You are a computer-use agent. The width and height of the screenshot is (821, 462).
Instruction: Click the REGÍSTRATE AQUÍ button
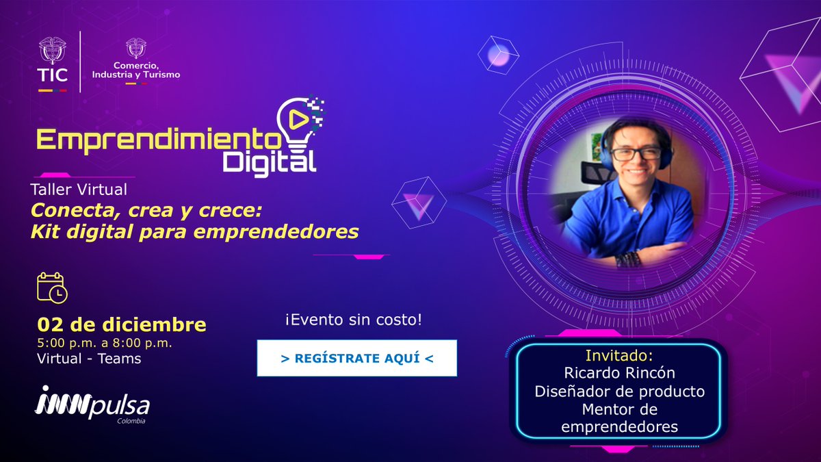pos(356,357)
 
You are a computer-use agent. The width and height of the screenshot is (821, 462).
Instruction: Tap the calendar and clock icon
pos(51,287)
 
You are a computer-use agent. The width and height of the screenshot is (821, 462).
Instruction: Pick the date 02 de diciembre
pos(122,324)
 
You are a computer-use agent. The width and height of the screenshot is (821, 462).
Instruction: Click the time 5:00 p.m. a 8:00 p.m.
pos(105,342)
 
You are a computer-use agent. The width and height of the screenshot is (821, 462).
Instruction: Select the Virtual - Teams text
pos(89,359)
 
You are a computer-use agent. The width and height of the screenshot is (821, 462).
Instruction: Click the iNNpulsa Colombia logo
pos(92,404)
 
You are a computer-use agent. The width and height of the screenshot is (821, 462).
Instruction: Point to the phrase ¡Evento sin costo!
pos(353,320)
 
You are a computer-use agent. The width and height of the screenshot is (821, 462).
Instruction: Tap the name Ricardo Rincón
pos(619,374)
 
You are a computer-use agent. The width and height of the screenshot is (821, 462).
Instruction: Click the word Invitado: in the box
pos(619,356)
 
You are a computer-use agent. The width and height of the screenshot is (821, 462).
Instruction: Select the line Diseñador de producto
pos(619,392)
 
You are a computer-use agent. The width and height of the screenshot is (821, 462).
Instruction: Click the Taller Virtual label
pos(79,190)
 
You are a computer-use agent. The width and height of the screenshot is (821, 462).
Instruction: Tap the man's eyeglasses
pos(636,153)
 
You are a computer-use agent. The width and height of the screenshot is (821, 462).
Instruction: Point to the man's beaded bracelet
pos(628,259)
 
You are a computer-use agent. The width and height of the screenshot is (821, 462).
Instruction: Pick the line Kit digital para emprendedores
pos(194,232)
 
